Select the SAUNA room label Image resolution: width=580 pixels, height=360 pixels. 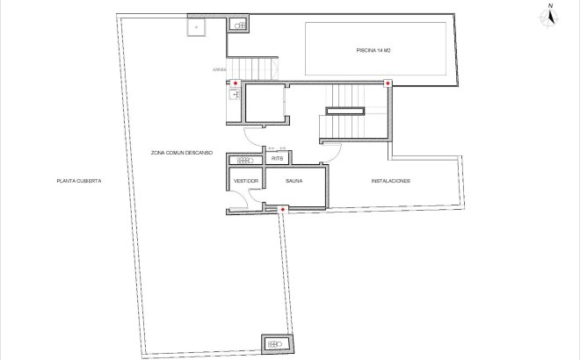(294, 181)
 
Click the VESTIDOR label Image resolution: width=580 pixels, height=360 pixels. (245, 181)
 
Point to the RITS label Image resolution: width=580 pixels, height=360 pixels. (277, 159)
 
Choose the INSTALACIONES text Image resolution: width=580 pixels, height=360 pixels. (390, 181)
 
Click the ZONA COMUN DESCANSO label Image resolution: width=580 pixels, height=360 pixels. (182, 152)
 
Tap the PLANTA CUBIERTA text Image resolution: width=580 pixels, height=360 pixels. (79, 181)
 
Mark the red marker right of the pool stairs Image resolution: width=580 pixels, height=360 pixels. (388, 83)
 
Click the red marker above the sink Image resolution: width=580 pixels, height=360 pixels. (235, 83)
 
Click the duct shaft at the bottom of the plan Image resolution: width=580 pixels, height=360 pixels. (274, 343)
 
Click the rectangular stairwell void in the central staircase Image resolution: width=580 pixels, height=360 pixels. (345, 111)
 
